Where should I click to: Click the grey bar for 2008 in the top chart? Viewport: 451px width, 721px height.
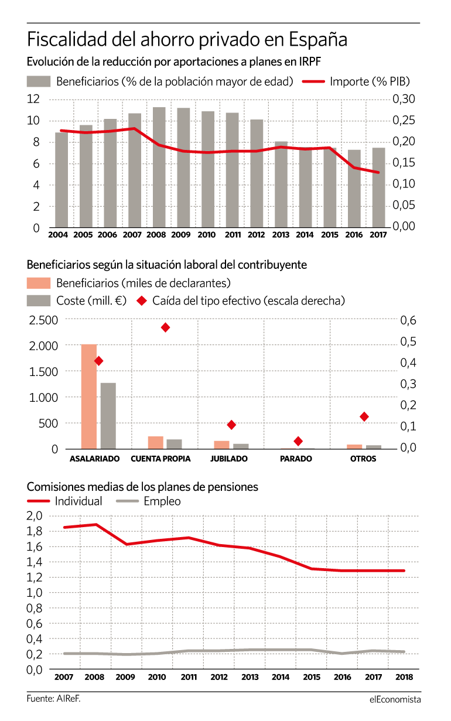pos(159,168)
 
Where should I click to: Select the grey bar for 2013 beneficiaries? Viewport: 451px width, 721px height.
pos(281,184)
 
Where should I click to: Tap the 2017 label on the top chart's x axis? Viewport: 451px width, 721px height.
pos(378,235)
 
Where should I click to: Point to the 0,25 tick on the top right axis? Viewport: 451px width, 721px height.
pos(404,121)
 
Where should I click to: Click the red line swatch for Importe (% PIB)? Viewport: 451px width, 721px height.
pos(313,82)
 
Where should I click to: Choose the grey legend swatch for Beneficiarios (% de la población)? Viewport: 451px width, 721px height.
pos(39,81)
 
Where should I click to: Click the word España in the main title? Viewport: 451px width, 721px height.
pos(318,40)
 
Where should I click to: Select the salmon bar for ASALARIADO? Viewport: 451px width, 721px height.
pos(89,397)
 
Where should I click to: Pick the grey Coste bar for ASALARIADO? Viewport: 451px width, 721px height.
pos(108,416)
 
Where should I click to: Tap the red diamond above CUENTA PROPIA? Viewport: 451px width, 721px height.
pos(165,327)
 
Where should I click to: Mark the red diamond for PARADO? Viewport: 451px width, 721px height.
pos(298,441)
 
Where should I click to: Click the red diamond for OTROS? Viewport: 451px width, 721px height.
pos(364,417)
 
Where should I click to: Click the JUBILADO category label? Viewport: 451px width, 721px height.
pos(229,459)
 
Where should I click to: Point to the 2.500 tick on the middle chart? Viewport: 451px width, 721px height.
pos(43,320)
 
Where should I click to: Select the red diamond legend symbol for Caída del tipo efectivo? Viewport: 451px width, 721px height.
pos(142,301)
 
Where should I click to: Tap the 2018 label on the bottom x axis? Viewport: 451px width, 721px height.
pos(404,677)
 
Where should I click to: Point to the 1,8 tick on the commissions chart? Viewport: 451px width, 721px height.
pos(35,531)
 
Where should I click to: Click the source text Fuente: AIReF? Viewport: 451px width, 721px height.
pos(53,699)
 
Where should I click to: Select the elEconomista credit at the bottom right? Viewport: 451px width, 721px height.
pos(395,699)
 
